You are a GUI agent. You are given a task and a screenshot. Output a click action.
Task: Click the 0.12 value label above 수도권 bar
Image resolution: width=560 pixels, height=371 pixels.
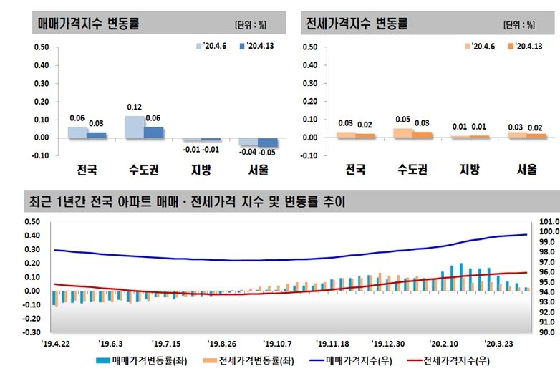(x=134, y=107)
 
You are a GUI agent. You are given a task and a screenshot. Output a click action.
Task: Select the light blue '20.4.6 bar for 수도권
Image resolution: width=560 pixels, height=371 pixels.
(x=134, y=126)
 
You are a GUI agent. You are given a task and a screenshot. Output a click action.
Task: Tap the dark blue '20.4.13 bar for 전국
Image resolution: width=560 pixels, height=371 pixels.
(x=96, y=134)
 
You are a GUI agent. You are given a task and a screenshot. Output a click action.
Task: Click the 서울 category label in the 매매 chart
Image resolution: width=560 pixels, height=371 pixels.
(x=259, y=170)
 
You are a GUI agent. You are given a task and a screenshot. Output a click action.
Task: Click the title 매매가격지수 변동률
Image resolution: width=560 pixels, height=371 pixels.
(x=88, y=23)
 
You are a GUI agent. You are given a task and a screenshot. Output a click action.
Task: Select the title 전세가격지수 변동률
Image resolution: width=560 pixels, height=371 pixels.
(x=357, y=23)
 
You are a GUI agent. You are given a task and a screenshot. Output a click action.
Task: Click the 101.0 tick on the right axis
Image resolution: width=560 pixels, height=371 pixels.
(x=546, y=221)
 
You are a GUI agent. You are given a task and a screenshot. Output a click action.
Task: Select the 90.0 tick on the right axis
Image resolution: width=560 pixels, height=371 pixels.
(x=546, y=332)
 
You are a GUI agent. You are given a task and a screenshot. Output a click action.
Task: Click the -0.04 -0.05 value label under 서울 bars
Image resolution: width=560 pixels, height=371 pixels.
(x=259, y=152)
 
